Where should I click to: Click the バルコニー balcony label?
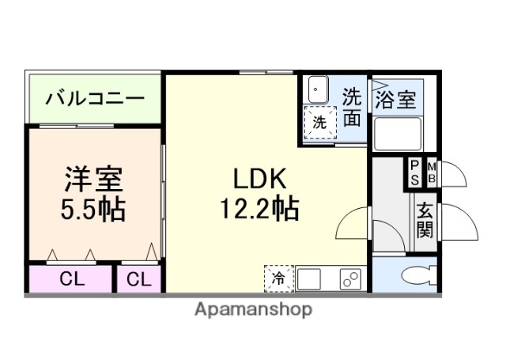coord(94,99)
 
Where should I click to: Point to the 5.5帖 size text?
coord(93,210)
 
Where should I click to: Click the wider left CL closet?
coord(72,279)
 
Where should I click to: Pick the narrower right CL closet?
coord(138,279)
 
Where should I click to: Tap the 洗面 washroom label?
coord(352,108)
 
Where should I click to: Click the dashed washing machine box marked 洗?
coord(319,123)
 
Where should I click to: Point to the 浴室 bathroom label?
coord(395,100)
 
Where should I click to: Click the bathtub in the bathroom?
coord(397,133)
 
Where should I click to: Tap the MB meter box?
coord(432,172)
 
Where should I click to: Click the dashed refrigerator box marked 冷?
coord(278,278)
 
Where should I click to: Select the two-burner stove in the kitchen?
coord(349,279)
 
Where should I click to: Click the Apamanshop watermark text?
coord(253,309)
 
